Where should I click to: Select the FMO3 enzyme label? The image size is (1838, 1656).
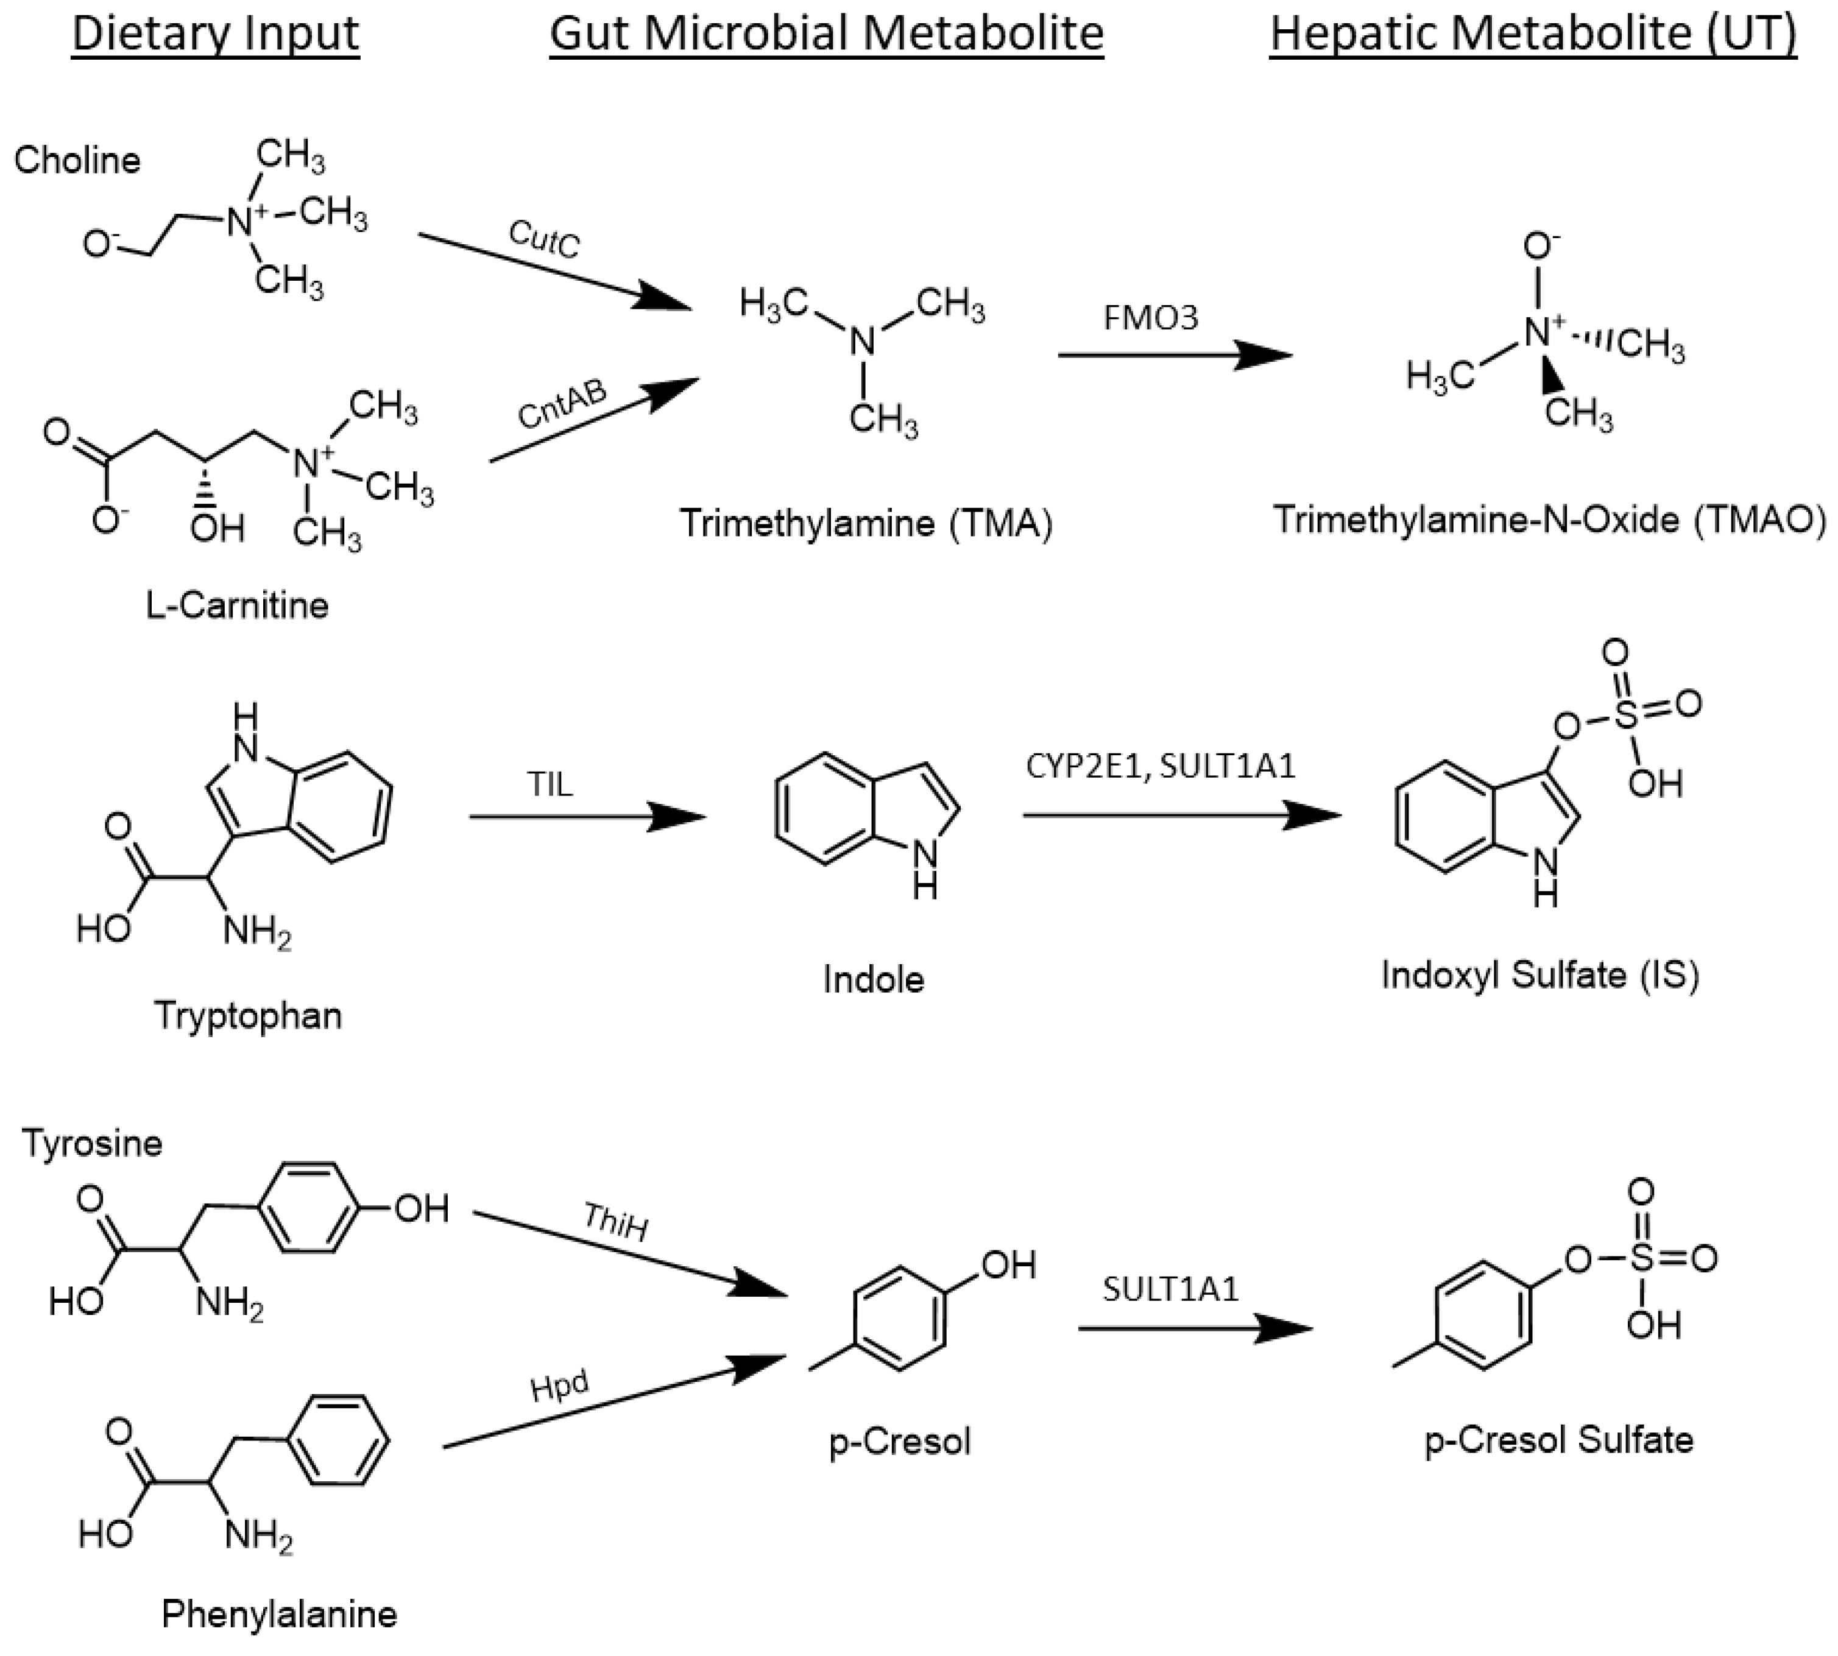1151,317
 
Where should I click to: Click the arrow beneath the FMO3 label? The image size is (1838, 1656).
1174,355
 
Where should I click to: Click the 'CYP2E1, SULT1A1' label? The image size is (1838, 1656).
1160,766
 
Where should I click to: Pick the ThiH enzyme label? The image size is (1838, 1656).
616,1222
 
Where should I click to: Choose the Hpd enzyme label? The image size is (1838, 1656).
560,1387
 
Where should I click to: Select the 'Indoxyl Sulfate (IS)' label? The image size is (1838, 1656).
1539,974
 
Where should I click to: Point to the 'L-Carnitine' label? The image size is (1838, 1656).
236,605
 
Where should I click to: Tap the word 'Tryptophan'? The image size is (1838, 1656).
247,1015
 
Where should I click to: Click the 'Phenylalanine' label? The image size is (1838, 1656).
280,1614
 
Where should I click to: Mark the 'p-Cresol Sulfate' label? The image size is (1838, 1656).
1558,1439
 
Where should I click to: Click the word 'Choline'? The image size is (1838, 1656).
77,161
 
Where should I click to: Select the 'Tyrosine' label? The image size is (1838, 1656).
92,1143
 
